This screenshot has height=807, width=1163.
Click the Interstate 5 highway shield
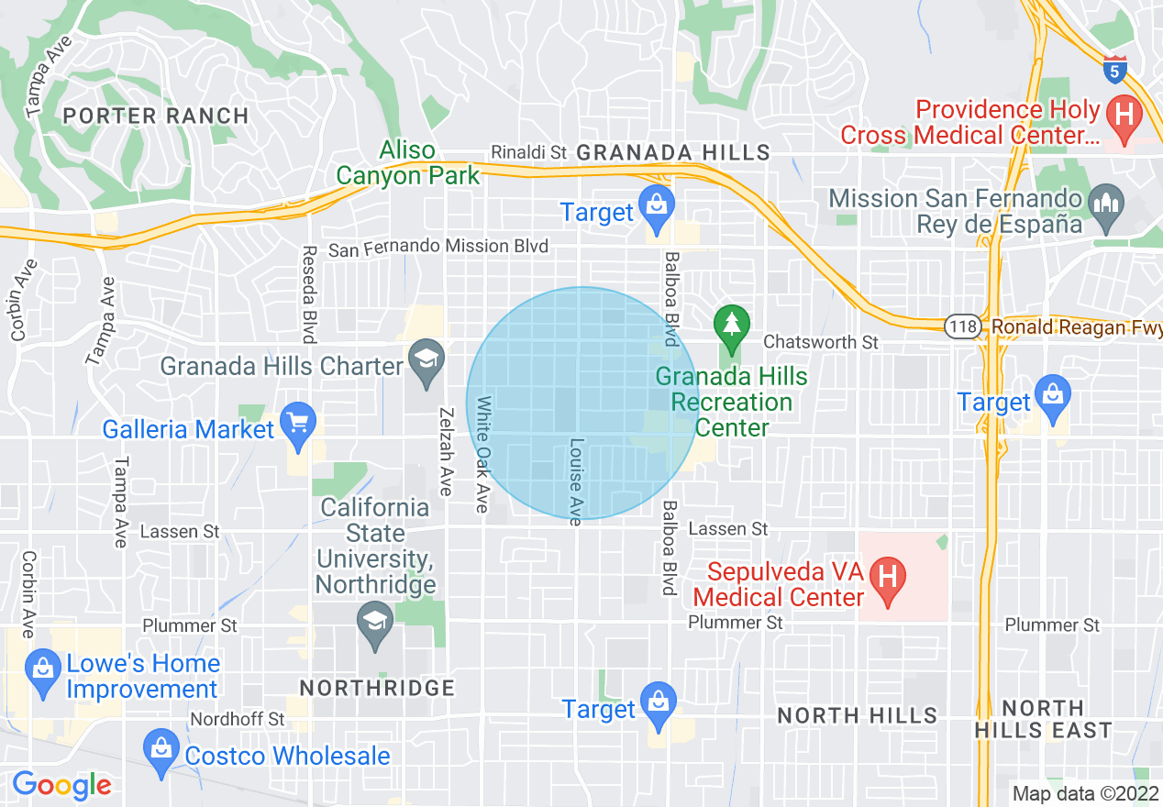[1114, 70]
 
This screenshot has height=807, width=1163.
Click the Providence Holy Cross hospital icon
[1121, 116]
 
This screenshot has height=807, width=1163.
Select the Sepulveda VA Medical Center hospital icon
[887, 578]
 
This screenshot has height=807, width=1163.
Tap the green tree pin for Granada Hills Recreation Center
[731, 325]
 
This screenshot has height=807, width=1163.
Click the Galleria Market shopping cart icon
[297, 423]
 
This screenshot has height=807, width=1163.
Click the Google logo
[61, 786]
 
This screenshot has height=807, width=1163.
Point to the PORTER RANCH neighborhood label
[157, 116]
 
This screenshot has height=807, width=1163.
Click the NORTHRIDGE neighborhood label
[378, 688]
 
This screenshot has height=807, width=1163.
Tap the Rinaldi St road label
[529, 151]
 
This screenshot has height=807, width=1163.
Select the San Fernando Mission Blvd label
[438, 247]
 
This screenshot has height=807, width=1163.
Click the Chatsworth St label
[821, 342]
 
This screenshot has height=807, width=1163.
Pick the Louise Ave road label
[576, 481]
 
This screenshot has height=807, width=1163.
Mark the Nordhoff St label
[238, 720]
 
